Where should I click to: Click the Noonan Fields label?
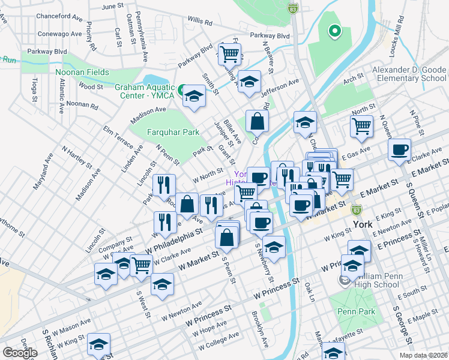83,73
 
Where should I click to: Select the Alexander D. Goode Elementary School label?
409,74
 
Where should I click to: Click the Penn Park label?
357,311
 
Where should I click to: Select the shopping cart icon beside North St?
361,125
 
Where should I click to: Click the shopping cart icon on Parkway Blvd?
229,53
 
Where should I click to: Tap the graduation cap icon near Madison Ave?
194,96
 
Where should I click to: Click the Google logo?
19,353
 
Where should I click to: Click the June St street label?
112,6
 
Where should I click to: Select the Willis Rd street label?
200,22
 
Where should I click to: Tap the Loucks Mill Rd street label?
399,43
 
